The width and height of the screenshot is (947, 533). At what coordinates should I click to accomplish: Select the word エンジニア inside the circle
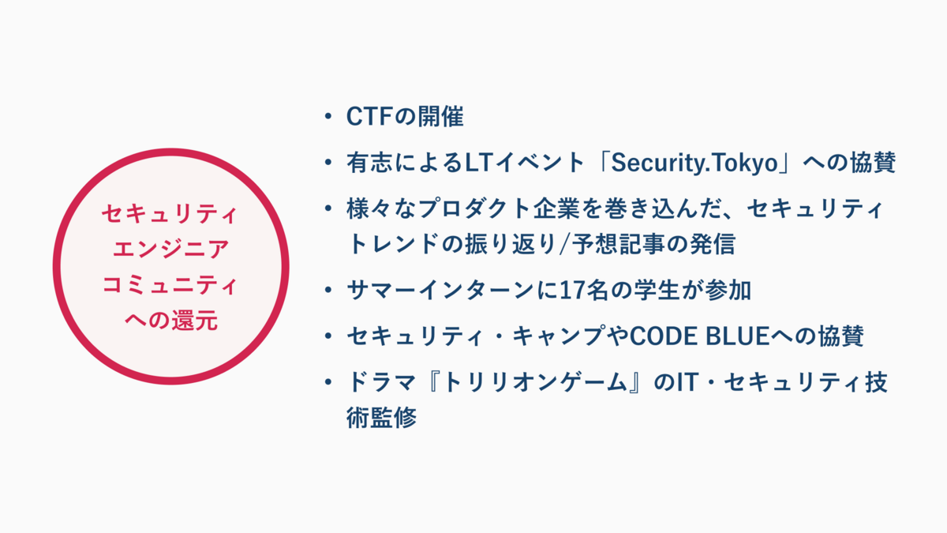point(170,250)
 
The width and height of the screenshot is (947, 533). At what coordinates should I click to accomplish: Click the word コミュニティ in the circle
point(170,286)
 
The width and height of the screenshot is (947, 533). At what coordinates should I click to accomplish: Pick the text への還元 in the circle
point(170,321)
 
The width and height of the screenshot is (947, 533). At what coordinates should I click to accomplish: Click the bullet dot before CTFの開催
point(328,118)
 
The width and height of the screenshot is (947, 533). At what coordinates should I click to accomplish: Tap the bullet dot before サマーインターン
point(328,291)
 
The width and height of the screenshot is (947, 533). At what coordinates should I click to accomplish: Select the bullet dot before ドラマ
point(328,383)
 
